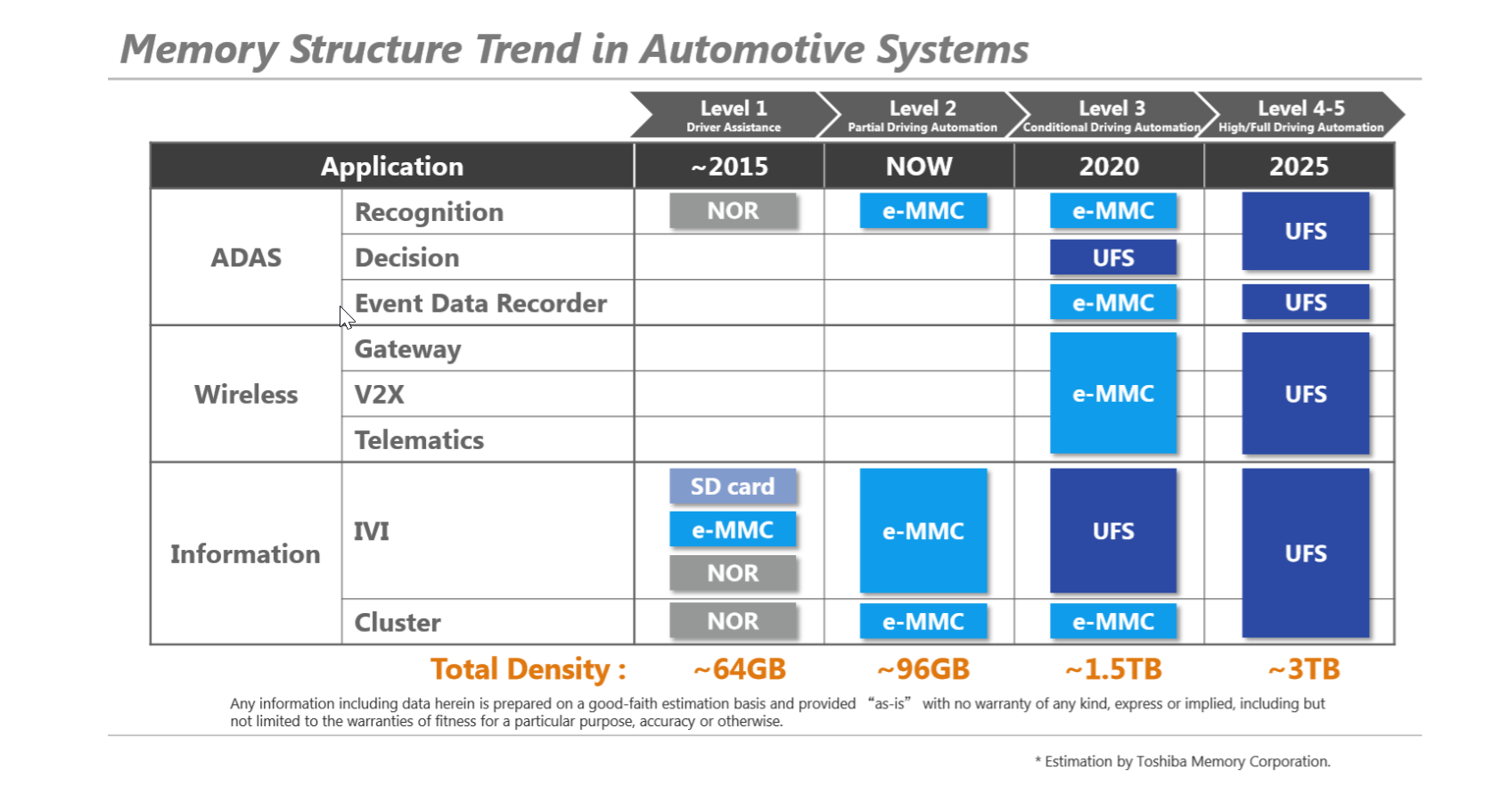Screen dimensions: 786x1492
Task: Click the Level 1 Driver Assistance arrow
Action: click(733, 116)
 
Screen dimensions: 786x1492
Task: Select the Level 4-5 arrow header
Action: click(1300, 116)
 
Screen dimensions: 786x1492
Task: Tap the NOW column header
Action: click(919, 167)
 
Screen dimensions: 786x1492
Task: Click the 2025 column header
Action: click(1299, 167)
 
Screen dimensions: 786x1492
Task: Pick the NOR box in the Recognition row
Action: click(733, 211)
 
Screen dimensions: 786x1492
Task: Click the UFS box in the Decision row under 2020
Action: click(1113, 258)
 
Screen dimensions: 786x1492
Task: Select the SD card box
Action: click(733, 487)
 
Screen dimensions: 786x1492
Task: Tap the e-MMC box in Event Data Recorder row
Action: click(1113, 303)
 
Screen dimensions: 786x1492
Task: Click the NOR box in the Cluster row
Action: click(733, 621)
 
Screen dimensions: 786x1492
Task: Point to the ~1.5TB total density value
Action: click(1113, 669)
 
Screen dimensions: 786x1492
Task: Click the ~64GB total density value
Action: click(739, 669)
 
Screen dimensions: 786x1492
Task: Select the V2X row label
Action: click(380, 394)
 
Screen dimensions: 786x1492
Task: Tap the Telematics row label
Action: click(419, 440)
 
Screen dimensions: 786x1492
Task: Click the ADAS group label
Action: click(246, 258)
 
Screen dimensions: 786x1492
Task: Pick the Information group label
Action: click(245, 553)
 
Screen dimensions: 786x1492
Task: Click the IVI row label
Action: click(372, 531)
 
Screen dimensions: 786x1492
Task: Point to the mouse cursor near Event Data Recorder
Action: click(345, 315)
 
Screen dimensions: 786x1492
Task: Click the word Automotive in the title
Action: click(752, 49)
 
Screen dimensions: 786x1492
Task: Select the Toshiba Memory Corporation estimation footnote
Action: click(1183, 761)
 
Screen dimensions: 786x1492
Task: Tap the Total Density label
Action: click(529, 669)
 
